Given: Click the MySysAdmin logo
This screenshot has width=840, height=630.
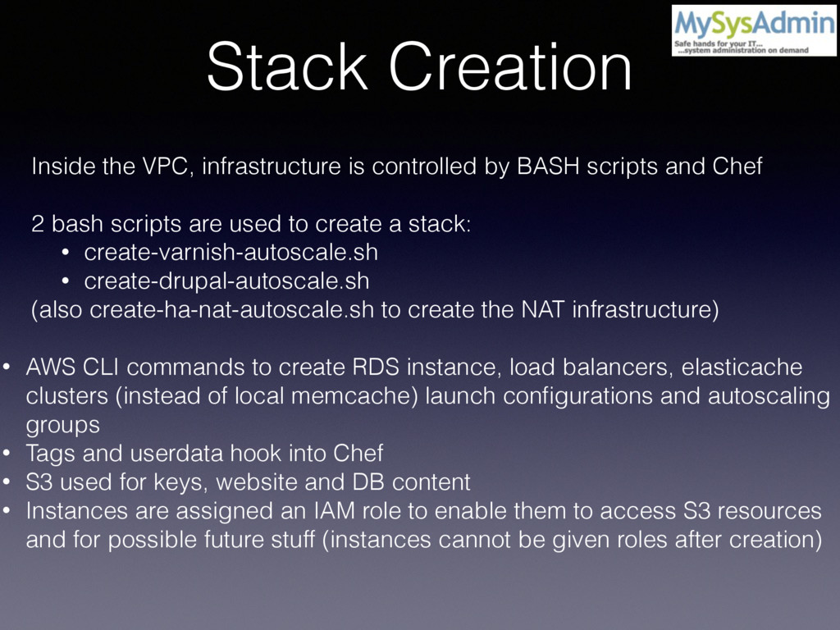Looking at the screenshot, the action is click(x=753, y=30).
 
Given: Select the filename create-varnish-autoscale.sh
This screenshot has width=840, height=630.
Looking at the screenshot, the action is click(x=231, y=252).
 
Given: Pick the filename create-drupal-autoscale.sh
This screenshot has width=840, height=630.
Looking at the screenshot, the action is click(x=226, y=281).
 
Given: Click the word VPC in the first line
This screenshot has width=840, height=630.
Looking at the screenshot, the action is click(x=171, y=167).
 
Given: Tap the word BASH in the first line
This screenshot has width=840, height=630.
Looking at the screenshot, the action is click(x=543, y=167).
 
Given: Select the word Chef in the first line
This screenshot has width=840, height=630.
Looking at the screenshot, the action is click(x=737, y=167).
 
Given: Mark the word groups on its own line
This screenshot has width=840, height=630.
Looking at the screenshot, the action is click(x=62, y=426).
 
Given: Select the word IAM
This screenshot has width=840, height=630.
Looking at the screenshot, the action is click(x=332, y=511).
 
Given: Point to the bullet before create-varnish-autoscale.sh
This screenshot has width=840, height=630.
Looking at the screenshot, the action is click(x=65, y=253).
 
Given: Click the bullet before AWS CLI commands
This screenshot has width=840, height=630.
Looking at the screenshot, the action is click(x=7, y=367).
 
